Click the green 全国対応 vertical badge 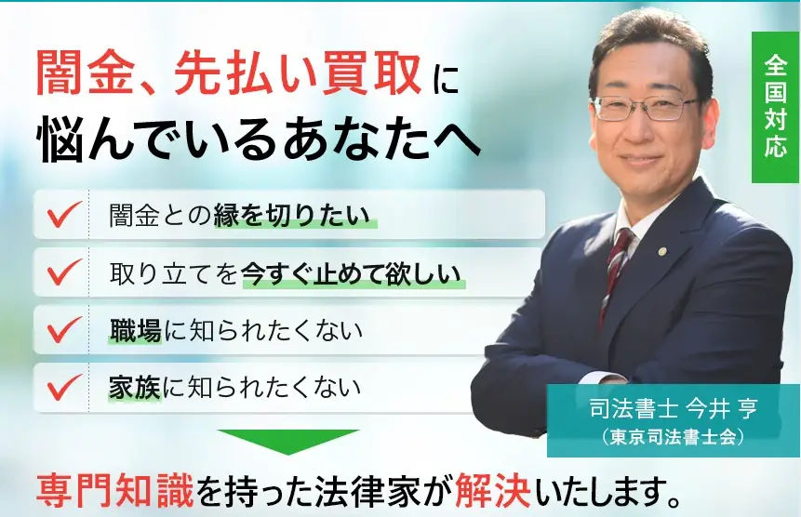tap(775, 107)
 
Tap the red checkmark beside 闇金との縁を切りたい tap(64, 214)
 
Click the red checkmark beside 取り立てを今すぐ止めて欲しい tap(64, 272)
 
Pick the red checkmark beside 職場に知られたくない tap(64, 329)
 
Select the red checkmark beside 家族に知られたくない tap(64, 387)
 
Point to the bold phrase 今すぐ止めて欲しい tap(352, 273)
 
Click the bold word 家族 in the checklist tap(135, 388)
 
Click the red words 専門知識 tap(115, 490)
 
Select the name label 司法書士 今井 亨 tap(674, 408)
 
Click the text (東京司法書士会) tap(673, 437)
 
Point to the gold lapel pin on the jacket tap(662, 252)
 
